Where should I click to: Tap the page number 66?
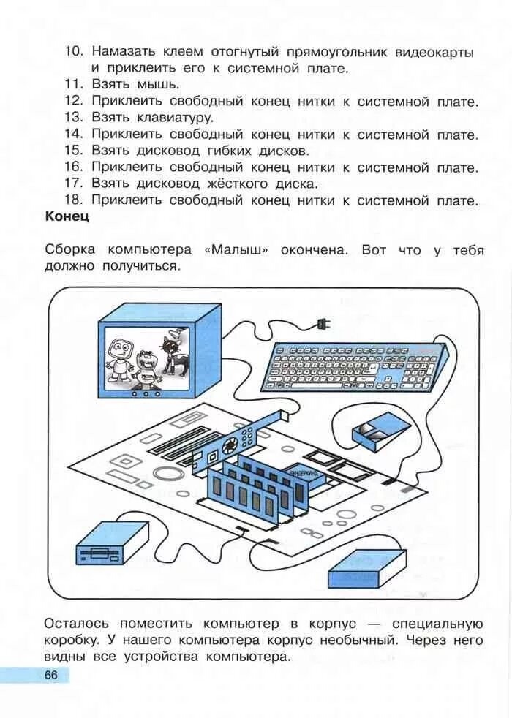tap(50, 674)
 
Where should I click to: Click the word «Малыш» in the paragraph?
tap(236, 249)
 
